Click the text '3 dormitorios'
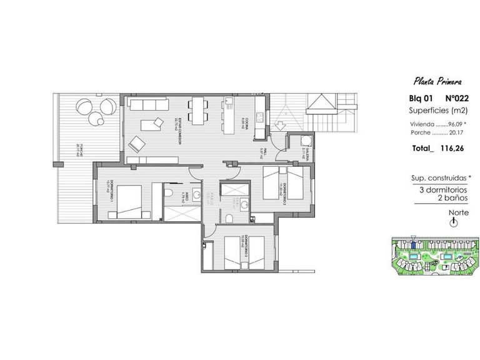click(x=440, y=189)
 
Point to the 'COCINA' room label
click(x=248, y=128)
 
